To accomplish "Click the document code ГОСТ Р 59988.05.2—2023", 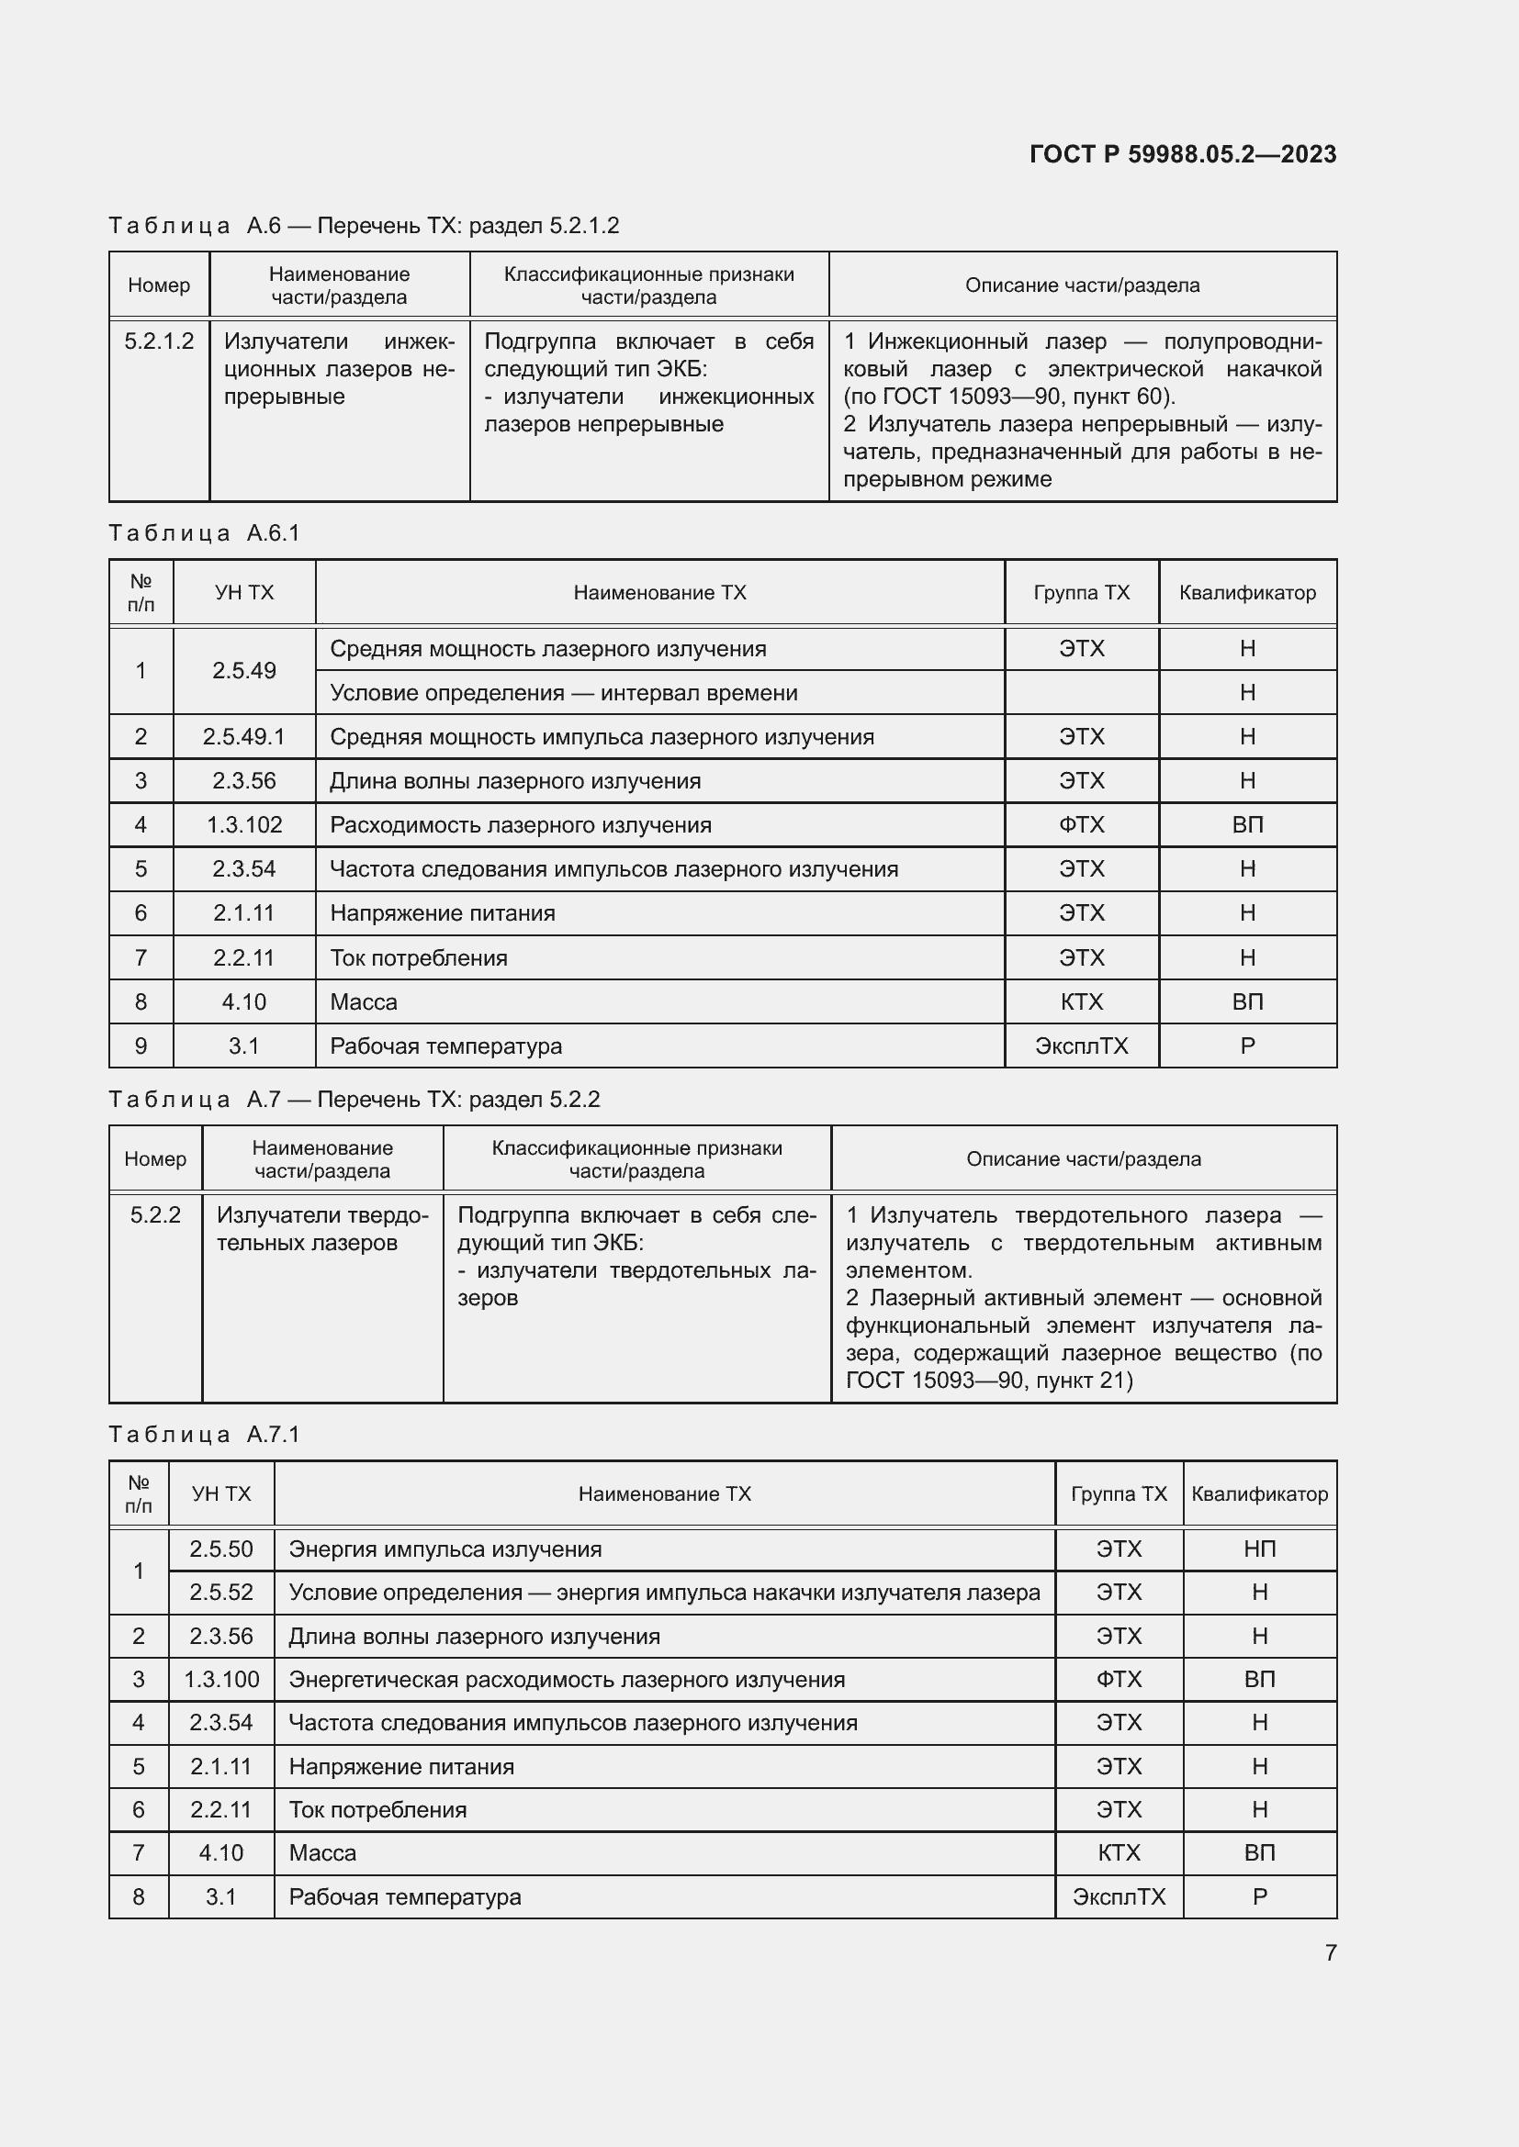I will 1182,154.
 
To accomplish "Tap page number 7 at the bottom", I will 1330,1952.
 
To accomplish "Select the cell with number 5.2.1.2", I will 159,341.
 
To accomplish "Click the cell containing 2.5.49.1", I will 243,737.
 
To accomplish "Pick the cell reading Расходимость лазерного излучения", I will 520,825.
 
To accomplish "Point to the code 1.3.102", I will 243,825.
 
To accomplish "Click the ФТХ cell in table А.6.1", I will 1081,825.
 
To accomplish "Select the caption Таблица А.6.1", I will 204,533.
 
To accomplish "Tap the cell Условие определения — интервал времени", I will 563,693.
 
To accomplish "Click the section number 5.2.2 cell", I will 155,1214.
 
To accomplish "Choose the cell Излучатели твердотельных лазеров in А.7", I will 321,1229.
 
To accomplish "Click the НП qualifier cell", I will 1259,1549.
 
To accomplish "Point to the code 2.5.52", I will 220,1593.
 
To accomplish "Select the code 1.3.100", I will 220,1680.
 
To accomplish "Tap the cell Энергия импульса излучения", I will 445,1549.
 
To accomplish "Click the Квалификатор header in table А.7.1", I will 1259,1493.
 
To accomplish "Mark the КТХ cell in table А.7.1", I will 1119,1852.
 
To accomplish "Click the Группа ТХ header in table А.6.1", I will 1081,592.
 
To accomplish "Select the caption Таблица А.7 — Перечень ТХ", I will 354,1099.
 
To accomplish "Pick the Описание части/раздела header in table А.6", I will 1082,285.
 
